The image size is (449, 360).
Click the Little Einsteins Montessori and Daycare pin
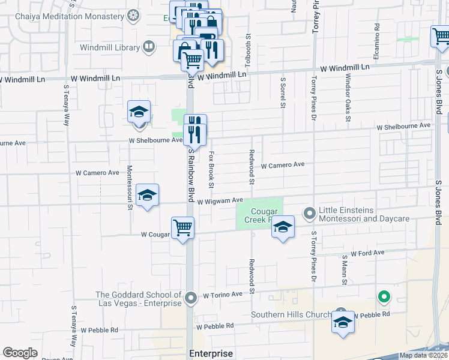(309, 213)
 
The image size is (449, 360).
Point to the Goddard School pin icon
(191, 298)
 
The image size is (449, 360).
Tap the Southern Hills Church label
(291, 315)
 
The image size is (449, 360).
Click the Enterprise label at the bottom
(211, 353)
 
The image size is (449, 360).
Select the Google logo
(20, 353)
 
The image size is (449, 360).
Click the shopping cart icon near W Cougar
(182, 228)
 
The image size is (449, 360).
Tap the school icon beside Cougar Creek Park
(283, 227)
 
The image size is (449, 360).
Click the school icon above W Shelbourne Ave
(139, 112)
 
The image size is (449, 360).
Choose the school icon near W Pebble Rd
(343, 323)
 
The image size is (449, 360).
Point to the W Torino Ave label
(223, 295)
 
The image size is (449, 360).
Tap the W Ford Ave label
(367, 253)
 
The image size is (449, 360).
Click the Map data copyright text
(423, 355)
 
